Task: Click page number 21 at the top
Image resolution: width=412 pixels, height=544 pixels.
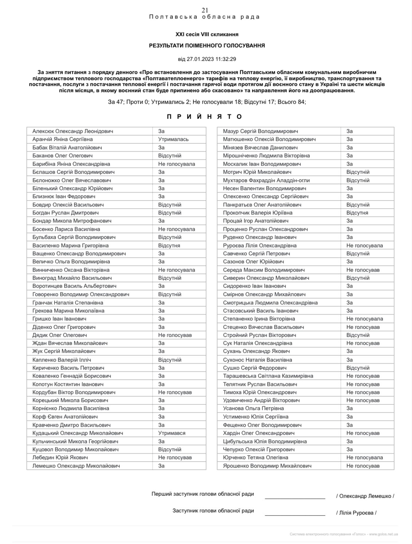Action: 205,10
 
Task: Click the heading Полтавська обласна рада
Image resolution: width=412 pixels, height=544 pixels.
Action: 204,17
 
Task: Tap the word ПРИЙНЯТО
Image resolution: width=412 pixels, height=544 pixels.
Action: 204,117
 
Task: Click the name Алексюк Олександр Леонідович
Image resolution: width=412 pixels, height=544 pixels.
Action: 72,131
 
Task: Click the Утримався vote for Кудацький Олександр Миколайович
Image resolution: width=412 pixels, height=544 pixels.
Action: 172,433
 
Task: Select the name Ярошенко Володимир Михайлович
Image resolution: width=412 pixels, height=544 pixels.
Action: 267,466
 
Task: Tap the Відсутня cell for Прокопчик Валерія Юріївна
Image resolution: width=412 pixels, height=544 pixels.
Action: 357,213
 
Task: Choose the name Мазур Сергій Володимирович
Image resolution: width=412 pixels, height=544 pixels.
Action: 260,131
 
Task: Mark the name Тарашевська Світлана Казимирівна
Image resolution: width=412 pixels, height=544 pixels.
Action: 268,376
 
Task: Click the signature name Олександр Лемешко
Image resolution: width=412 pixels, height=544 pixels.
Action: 365,496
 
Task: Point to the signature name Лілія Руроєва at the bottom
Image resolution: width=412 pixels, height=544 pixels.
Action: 356,513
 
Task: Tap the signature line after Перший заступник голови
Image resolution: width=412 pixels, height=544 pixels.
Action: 295,497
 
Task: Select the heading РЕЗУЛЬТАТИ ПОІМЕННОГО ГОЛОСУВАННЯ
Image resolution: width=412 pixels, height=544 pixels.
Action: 207,46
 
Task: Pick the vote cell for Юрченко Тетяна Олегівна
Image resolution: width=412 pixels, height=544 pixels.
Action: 364,457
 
